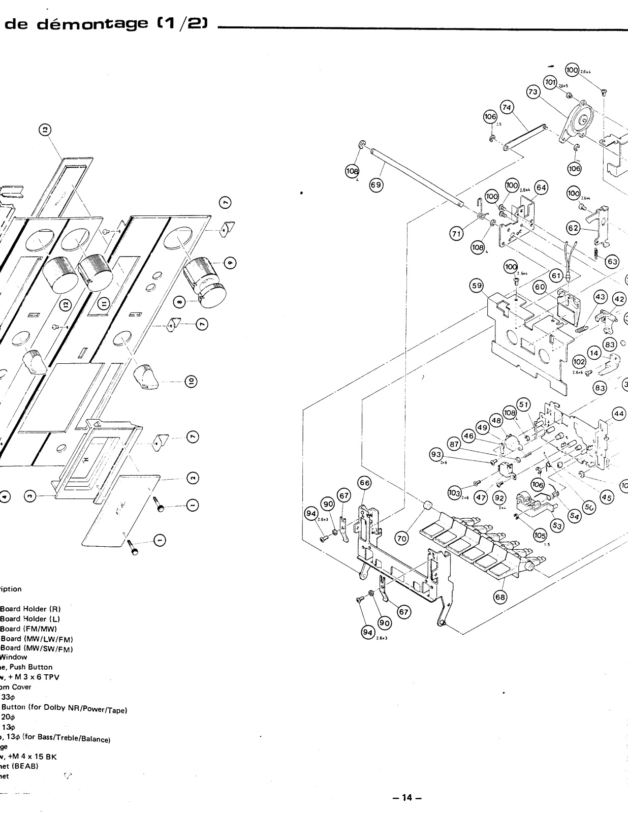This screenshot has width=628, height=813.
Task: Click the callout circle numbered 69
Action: click(x=375, y=185)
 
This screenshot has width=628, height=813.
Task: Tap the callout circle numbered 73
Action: click(x=533, y=92)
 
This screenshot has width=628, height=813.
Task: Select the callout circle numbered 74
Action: click(x=507, y=107)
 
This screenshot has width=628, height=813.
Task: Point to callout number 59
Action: click(x=477, y=286)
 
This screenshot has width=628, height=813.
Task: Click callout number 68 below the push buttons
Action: click(x=500, y=597)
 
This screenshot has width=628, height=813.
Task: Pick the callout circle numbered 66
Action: click(x=364, y=483)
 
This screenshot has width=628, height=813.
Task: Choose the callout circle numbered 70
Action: click(x=401, y=538)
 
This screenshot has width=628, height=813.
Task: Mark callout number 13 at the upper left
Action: click(x=45, y=131)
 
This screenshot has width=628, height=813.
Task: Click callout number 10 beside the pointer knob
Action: click(x=192, y=382)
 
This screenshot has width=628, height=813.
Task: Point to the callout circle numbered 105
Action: click(x=540, y=535)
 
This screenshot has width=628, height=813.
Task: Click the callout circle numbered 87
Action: click(x=454, y=445)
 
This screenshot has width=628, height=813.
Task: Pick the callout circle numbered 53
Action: click(x=557, y=526)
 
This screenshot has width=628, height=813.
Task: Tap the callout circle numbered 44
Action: click(x=619, y=414)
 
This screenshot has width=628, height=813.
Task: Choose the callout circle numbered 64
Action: click(x=541, y=187)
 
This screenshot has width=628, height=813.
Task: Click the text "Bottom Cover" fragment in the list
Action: click(x=15, y=687)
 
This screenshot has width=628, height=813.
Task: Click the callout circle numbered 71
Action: click(x=455, y=233)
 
